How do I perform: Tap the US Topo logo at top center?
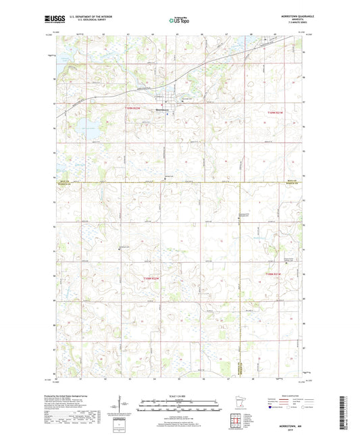179,20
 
